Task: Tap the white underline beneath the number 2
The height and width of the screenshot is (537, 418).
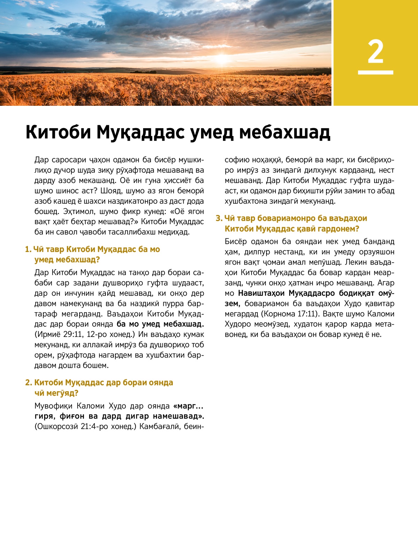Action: click(376, 72)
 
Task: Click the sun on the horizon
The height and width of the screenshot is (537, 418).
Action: click(222, 58)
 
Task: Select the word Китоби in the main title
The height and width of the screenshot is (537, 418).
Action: click(59, 132)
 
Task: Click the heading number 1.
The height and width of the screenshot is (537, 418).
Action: click(28, 250)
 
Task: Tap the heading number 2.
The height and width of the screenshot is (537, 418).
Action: click(28, 383)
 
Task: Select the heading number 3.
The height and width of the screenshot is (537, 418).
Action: click(218, 219)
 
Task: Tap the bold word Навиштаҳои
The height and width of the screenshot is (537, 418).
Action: click(261, 293)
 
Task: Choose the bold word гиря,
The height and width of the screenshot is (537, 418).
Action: click(45, 416)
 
